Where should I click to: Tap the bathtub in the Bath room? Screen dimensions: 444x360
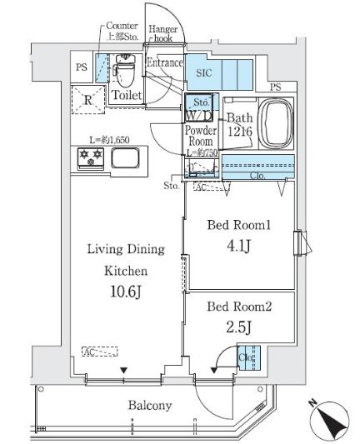pos(276,124)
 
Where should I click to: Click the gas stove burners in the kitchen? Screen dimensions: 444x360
pos(88,156)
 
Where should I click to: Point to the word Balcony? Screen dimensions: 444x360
pos(149,407)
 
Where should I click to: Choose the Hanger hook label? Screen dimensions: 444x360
pos(162,34)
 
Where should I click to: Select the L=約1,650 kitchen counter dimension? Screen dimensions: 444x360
pos(110,140)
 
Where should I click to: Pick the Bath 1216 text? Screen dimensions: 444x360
pos(237,125)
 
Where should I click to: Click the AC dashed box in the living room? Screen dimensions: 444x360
pos(100,352)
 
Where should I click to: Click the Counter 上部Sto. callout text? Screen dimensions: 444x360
pos(121,31)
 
